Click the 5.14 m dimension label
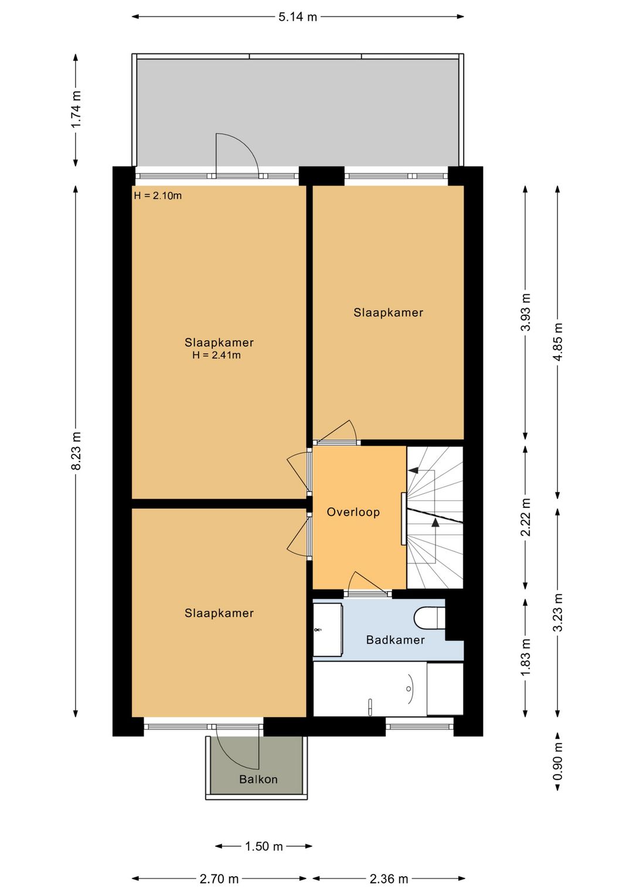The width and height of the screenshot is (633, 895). pos(298,17)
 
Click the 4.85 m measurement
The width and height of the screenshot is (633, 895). pos(558,342)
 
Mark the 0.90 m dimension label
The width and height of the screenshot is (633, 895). pos(558,761)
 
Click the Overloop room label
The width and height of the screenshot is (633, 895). pos(353,512)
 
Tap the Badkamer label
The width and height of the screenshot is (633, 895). pos(395,640)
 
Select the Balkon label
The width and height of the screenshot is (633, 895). pos(258,779)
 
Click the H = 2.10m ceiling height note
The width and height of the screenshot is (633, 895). pos(158,196)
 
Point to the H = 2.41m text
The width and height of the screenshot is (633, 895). pos(216,355)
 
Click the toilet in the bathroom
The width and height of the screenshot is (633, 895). pos(429,618)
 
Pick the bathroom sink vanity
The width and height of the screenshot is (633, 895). pos(328,630)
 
